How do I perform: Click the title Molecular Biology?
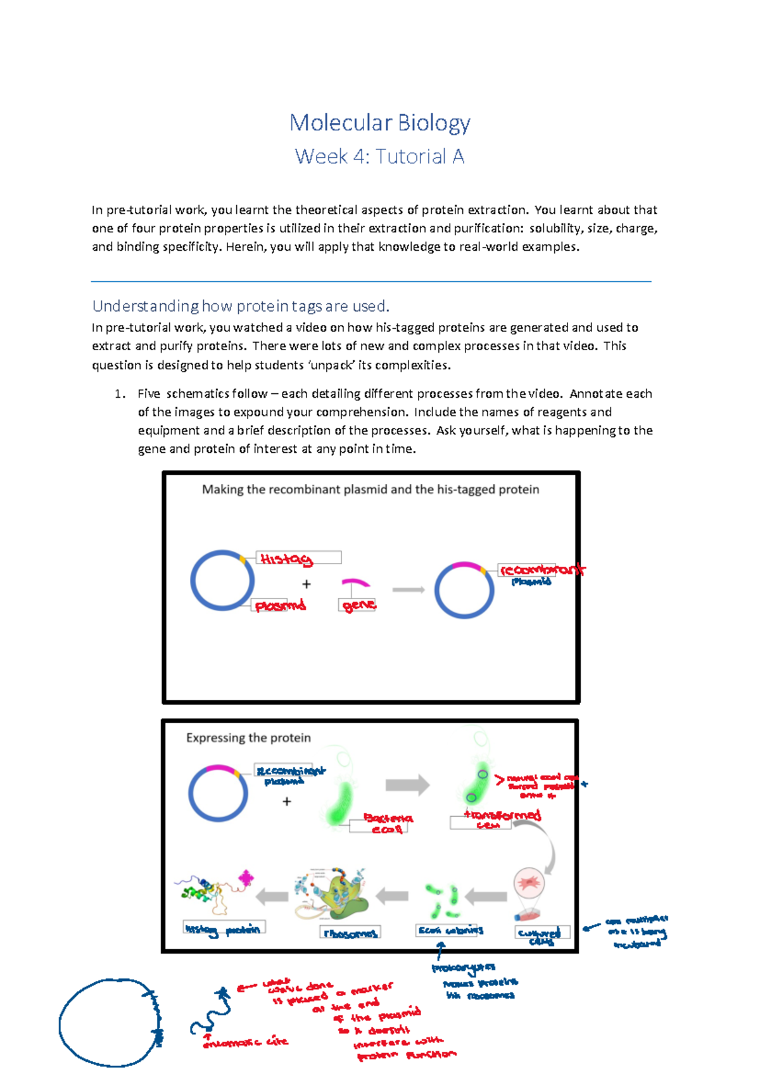(379, 122)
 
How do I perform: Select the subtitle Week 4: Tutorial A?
(379, 156)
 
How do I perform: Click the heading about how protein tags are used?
(241, 306)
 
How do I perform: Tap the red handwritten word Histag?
(286, 559)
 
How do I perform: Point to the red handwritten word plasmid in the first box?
(280, 606)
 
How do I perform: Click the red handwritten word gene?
(358, 605)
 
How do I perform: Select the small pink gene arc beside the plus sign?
(355, 582)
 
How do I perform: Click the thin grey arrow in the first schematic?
(408, 590)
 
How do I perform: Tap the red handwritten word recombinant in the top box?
(541, 569)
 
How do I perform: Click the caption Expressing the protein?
(248, 738)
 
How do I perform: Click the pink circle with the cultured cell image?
(528, 883)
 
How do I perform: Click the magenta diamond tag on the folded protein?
(246, 878)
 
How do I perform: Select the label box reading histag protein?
(224, 928)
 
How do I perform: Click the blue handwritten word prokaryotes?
(463, 968)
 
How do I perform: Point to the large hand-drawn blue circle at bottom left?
(108, 1022)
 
